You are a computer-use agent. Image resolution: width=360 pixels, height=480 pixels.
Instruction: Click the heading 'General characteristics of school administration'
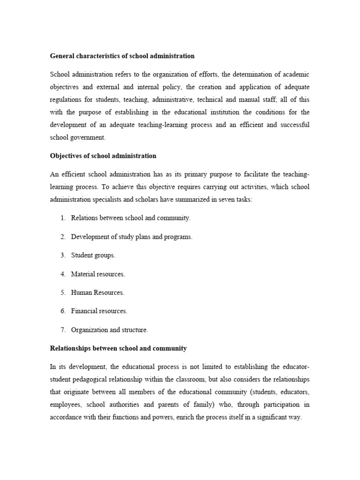(122, 56)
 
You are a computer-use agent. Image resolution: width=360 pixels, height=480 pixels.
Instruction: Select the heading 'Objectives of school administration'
(103, 156)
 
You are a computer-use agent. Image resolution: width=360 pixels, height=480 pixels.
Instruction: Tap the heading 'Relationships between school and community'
(118, 348)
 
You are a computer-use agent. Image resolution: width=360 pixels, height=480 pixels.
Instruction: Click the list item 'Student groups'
(93, 255)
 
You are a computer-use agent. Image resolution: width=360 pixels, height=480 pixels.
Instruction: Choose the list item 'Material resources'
(98, 274)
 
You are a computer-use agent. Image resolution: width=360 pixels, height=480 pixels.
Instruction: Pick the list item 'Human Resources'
(97, 292)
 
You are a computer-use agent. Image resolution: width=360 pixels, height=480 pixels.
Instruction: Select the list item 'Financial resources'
(99, 311)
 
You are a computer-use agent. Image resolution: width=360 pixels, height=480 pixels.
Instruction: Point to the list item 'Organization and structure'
(109, 330)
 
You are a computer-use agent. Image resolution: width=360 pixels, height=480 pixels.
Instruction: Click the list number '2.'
(63, 237)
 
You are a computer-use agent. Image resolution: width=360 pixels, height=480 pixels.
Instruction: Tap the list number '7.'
(63, 330)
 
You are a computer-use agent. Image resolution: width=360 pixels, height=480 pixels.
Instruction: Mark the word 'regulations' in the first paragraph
(65, 100)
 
